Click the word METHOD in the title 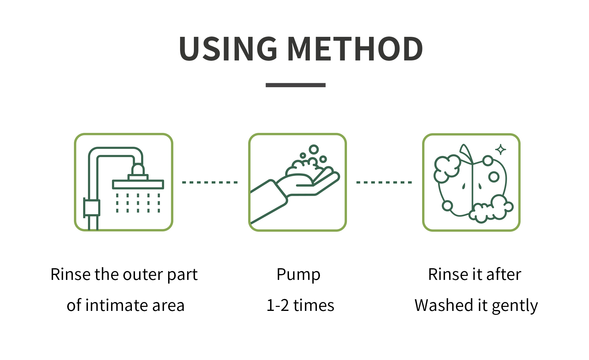(x=355, y=48)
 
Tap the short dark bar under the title (x=295, y=85)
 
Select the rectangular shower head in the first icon (x=138, y=184)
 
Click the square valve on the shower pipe (x=91, y=207)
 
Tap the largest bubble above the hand (x=314, y=149)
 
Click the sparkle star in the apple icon (x=501, y=150)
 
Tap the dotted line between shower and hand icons (x=210, y=182)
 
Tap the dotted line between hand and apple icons (x=384, y=182)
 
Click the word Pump (x=298, y=275)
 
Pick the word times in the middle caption (x=314, y=305)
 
